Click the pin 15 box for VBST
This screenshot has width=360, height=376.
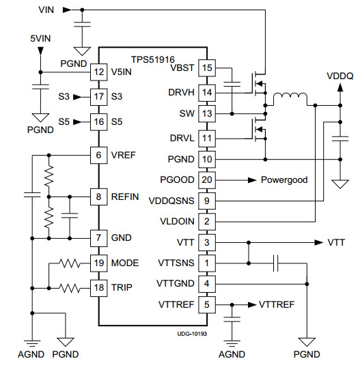pyautogui.click(x=207, y=68)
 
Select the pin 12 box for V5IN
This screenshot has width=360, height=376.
pyautogui.click(x=98, y=72)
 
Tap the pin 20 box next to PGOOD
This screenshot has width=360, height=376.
pyautogui.click(x=207, y=180)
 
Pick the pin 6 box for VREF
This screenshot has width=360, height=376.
pyautogui.click(x=98, y=155)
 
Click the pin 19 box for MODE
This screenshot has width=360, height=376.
pyautogui.click(x=98, y=263)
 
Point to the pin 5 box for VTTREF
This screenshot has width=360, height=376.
pyautogui.click(x=207, y=304)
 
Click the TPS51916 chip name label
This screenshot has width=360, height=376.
pyautogui.click(x=153, y=59)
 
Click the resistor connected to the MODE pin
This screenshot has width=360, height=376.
pyautogui.click(x=70, y=263)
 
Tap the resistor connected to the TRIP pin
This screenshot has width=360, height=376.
pyautogui.click(x=70, y=288)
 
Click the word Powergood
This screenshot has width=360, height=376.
pyautogui.click(x=284, y=180)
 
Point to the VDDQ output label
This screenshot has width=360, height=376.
pyautogui.click(x=340, y=76)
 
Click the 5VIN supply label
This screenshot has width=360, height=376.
pyautogui.click(x=40, y=38)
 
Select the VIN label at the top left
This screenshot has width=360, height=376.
pyautogui.click(x=46, y=10)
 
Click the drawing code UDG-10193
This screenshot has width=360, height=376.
pyautogui.click(x=192, y=334)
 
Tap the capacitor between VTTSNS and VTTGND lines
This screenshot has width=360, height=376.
pyautogui.click(x=276, y=263)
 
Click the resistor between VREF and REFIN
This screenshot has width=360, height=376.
pyautogui.click(x=49, y=176)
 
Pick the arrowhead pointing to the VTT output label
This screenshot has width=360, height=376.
pyautogui.click(x=319, y=242)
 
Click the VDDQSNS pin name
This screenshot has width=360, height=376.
pyautogui.click(x=171, y=201)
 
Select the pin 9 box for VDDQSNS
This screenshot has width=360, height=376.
pyautogui.click(x=207, y=201)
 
